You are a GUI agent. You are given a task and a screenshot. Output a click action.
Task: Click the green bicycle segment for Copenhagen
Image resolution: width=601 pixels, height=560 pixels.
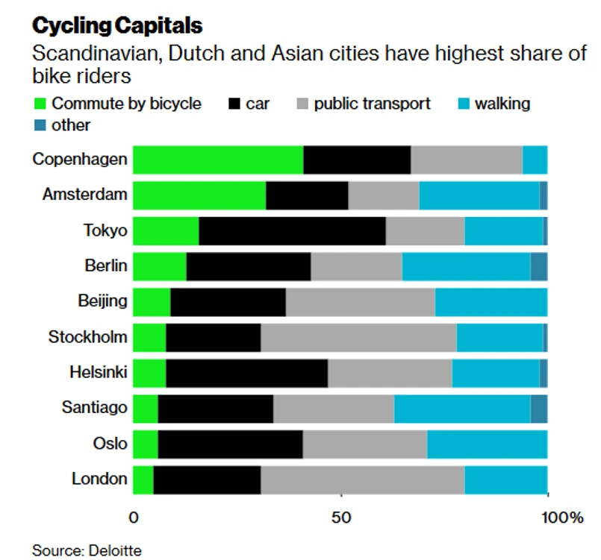218,160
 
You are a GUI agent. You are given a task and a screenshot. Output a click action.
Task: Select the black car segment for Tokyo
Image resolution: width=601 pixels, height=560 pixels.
292,230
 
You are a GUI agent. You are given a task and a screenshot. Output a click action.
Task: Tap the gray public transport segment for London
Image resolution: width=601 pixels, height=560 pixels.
362,479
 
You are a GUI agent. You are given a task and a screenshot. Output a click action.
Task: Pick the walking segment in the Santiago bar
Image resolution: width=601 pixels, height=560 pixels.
461,409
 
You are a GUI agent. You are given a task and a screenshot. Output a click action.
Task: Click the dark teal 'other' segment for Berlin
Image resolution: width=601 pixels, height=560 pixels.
538,266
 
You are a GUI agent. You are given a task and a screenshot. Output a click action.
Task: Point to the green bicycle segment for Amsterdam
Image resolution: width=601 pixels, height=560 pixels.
199,195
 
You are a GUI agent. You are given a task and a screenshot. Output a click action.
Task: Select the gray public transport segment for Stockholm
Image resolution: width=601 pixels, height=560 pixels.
358,337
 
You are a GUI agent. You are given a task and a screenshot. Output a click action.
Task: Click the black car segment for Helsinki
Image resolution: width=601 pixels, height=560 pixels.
246,373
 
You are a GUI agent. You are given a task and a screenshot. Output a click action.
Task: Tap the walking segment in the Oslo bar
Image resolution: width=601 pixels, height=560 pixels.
487,444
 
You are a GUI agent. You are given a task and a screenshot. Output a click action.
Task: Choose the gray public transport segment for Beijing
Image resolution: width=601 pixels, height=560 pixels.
360,302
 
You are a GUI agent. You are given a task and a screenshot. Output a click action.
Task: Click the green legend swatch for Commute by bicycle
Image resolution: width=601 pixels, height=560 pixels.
40,104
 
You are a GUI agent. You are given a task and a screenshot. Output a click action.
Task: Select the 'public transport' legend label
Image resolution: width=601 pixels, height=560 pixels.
372,104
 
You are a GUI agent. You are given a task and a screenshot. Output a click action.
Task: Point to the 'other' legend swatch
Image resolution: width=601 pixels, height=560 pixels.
40,125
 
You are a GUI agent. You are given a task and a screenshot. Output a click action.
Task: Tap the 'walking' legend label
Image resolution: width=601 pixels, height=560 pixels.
502,104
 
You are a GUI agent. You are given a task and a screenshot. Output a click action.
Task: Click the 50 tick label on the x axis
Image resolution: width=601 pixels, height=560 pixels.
340,517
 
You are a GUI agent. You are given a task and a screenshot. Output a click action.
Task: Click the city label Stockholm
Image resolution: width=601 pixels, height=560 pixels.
87,337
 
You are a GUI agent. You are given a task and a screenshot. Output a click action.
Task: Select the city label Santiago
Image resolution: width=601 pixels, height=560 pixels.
93,409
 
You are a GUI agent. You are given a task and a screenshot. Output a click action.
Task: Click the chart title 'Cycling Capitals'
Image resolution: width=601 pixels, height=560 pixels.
117,26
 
